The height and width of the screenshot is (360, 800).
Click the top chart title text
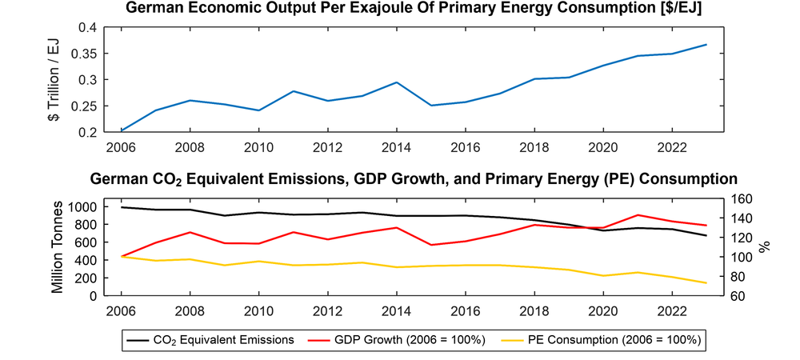[414, 10]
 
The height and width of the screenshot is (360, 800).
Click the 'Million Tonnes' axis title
[58, 247]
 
